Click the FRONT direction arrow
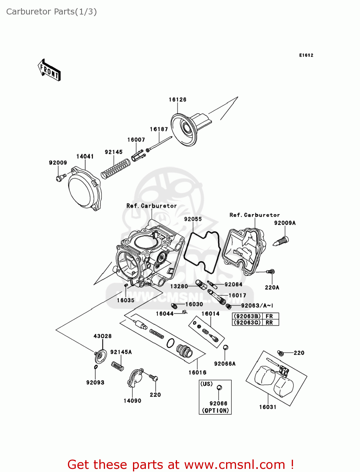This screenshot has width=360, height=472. pyautogui.click(x=49, y=70)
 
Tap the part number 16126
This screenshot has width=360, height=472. pyautogui.click(x=177, y=100)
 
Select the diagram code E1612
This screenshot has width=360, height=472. pyautogui.click(x=306, y=55)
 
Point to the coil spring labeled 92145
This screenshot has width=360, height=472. pyautogui.click(x=115, y=169)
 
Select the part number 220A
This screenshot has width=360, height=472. pyautogui.click(x=272, y=287)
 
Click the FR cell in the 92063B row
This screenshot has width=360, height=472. pyautogui.click(x=269, y=316)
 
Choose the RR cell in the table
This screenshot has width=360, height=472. pyautogui.click(x=269, y=323)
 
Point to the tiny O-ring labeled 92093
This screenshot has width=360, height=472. pyautogui.click(x=96, y=367)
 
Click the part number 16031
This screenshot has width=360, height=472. pyautogui.click(x=268, y=407)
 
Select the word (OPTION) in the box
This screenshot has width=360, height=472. pyautogui.click(x=215, y=411)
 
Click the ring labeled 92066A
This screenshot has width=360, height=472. pyautogui.click(x=225, y=348)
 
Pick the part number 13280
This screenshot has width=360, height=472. pyautogui.click(x=179, y=286)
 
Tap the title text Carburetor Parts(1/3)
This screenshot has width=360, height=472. pyautogui.click(x=52, y=12)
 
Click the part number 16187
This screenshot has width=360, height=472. pyautogui.click(x=159, y=129)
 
